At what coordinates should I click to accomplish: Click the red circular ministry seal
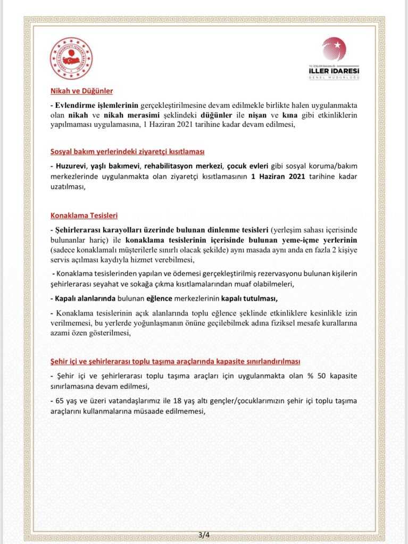(x=71, y=58)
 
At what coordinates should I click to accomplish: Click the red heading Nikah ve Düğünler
(x=81, y=91)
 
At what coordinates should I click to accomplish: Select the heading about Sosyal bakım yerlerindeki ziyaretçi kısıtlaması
(x=127, y=151)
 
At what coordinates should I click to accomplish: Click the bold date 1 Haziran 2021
(x=278, y=176)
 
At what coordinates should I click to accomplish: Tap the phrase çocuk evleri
(x=251, y=166)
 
